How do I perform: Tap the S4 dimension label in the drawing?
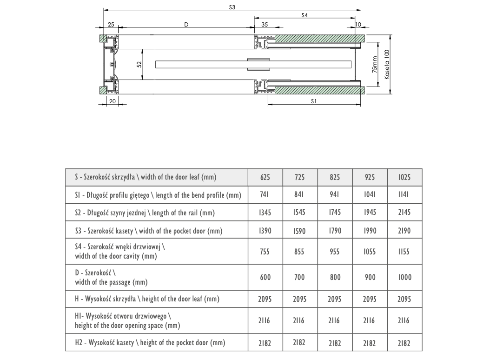tap(304, 15)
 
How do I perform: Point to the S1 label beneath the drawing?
tap(314, 100)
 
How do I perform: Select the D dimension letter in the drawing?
tap(186, 24)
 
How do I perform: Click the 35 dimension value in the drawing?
tap(265, 24)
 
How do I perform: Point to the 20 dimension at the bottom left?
tap(112, 100)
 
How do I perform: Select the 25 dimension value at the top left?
tap(111, 24)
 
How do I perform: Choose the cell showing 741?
tap(265, 195)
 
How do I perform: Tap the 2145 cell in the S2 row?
tap(404, 213)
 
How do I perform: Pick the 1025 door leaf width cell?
tap(404, 177)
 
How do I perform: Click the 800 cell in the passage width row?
tap(335, 277)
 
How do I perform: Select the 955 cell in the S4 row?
tap(335, 252)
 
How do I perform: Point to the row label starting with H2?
tap(150, 343)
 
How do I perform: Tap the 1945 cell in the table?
tap(370, 213)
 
